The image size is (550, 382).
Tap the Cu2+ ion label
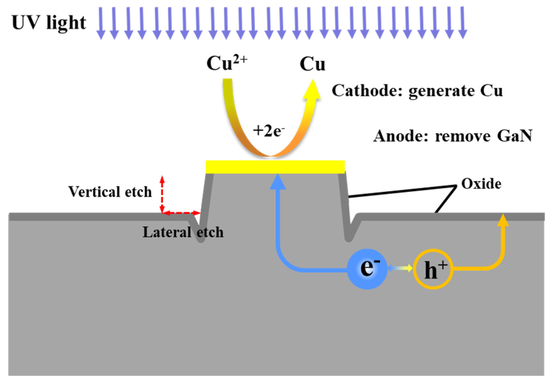coord(227,63)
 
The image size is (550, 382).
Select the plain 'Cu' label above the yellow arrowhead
coord(312,64)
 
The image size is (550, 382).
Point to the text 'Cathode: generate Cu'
coord(417,91)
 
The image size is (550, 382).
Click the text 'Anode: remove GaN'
coord(452,136)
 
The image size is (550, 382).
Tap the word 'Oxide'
coord(481,184)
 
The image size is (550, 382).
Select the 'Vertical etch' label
coord(110,192)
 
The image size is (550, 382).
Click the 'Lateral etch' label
coord(183,232)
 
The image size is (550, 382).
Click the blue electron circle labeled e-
coord(367,269)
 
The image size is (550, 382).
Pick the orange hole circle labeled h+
coord(433,269)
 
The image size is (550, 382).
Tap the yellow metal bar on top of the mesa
coord(275,167)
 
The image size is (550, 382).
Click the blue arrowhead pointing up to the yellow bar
coord(278,182)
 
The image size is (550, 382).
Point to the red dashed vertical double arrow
coord(162,194)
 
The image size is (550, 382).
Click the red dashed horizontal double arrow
coord(181,213)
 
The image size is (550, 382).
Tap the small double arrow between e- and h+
coord(400,268)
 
